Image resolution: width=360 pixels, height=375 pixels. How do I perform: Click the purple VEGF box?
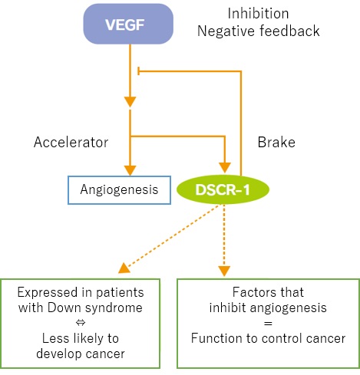(x=128, y=24)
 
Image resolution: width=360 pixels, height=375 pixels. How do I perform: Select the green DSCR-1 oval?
(x=223, y=189)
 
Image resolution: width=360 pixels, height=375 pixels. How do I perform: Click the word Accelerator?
(x=71, y=142)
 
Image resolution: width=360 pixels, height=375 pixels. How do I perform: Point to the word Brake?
(x=276, y=142)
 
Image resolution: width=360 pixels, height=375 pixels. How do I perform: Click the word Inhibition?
(x=258, y=13)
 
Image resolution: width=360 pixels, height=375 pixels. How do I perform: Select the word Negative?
(x=226, y=31)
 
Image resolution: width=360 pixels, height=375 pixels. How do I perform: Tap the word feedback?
(x=289, y=31)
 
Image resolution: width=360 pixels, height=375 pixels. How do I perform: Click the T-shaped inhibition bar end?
(x=138, y=71)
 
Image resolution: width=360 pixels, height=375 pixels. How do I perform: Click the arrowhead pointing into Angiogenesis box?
(x=130, y=170)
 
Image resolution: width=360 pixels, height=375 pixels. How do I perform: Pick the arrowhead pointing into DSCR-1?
(x=225, y=167)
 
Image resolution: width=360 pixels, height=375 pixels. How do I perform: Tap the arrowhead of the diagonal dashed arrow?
(x=124, y=268)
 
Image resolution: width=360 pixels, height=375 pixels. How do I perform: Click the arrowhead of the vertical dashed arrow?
(x=224, y=271)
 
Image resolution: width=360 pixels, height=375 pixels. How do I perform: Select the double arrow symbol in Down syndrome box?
(x=81, y=323)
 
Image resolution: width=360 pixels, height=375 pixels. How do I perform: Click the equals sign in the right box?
(x=268, y=324)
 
